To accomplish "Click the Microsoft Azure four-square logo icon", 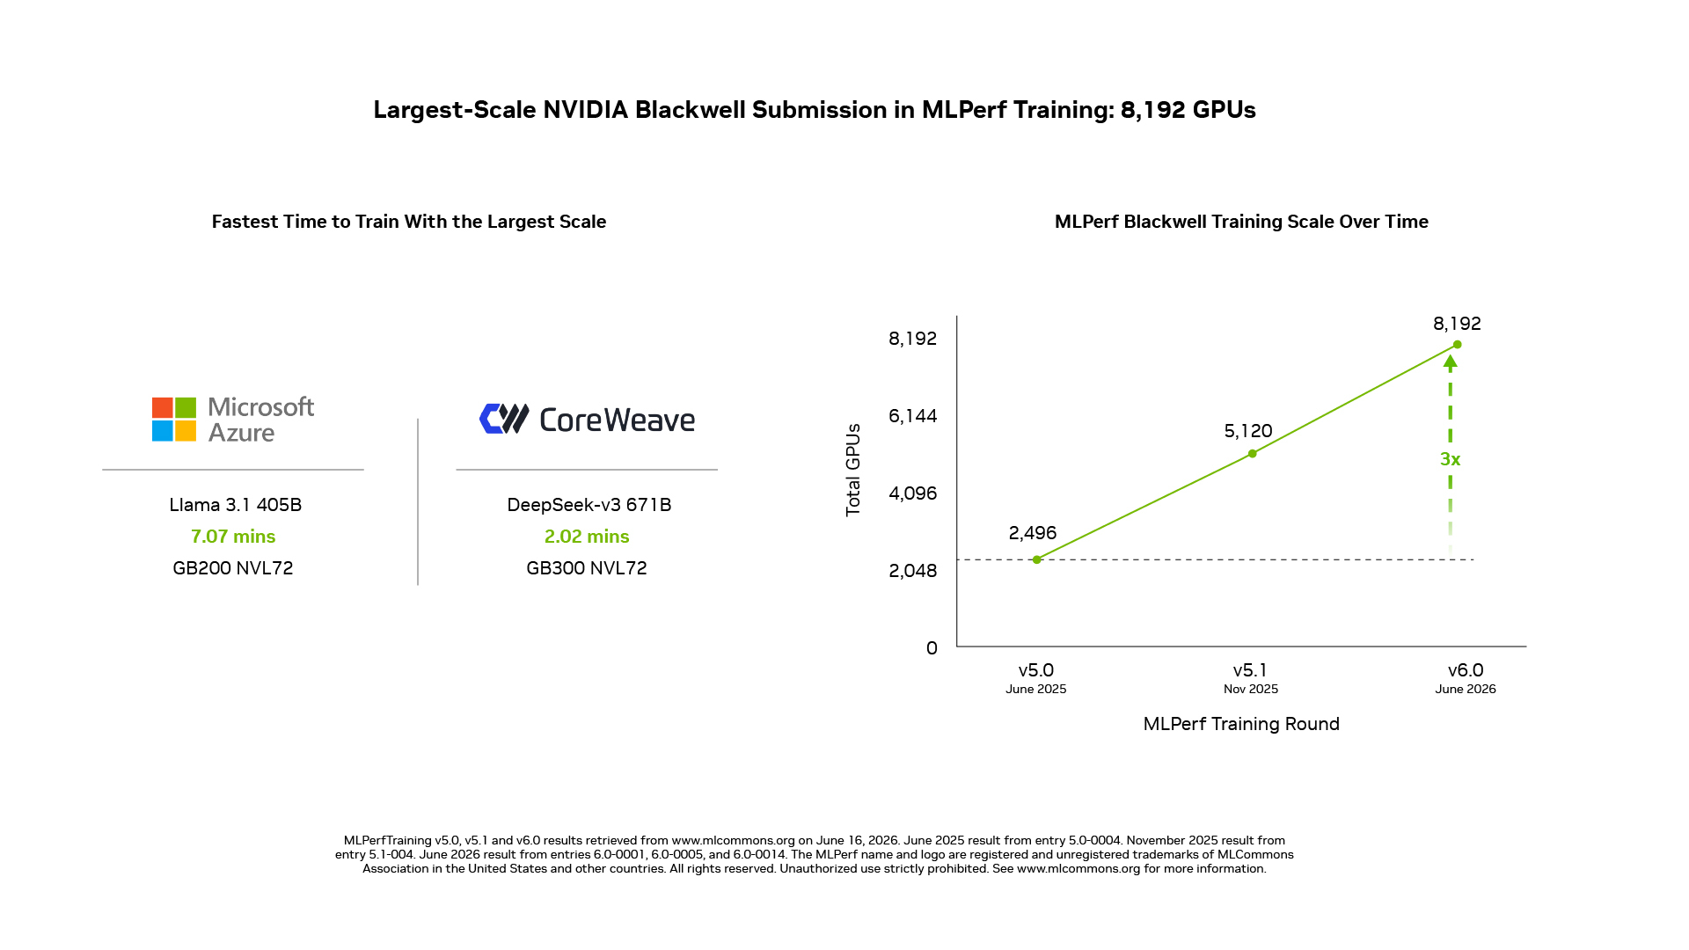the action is (x=174, y=419).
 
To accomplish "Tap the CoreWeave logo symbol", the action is (x=504, y=419).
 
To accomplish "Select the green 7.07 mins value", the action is (x=233, y=537).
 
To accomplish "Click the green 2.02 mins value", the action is (x=587, y=537).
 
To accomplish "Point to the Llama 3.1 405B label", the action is (x=235, y=505).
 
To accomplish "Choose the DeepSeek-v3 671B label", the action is (x=589, y=505).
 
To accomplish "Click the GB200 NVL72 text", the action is (x=233, y=568).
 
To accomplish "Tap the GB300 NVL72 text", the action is (x=587, y=568).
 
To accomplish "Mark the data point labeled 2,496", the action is (x=1037, y=559).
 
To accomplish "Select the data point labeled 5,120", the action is (x=1253, y=454).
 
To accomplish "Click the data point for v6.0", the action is (x=1458, y=345).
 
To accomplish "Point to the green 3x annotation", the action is (x=1450, y=459).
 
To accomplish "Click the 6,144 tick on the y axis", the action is (x=913, y=416).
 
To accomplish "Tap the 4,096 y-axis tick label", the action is (x=913, y=493).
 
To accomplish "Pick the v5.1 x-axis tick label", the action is (x=1250, y=670).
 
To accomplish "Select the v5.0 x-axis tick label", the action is (x=1036, y=670).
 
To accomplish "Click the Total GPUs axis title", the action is (x=853, y=470).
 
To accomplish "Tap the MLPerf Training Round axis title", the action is (x=1241, y=724).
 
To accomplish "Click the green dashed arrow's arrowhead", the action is (x=1451, y=362).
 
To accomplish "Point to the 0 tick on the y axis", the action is (x=932, y=648).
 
